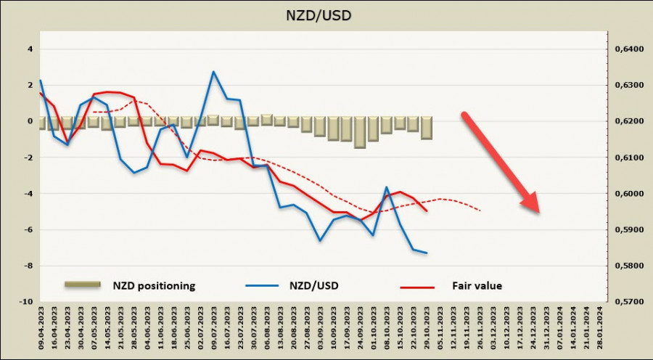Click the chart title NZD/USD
tap(319, 15)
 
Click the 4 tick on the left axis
tap(30, 49)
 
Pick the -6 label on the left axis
tap(28, 229)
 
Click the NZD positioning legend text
tap(154, 286)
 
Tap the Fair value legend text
tap(477, 286)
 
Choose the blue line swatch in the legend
tap(262, 285)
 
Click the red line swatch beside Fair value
tap(417, 287)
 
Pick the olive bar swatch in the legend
tap(83, 285)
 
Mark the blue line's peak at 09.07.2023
tap(213, 72)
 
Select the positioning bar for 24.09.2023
tap(360, 133)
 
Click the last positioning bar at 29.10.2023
tap(427, 128)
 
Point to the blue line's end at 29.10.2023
tap(426, 253)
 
